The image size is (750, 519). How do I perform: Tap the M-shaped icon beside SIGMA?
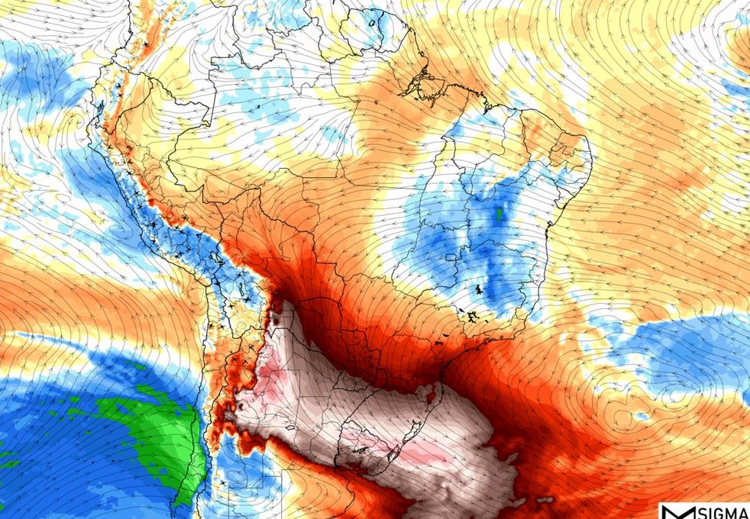[x=675, y=512]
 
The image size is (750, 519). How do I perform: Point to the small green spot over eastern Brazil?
[x=499, y=214]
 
